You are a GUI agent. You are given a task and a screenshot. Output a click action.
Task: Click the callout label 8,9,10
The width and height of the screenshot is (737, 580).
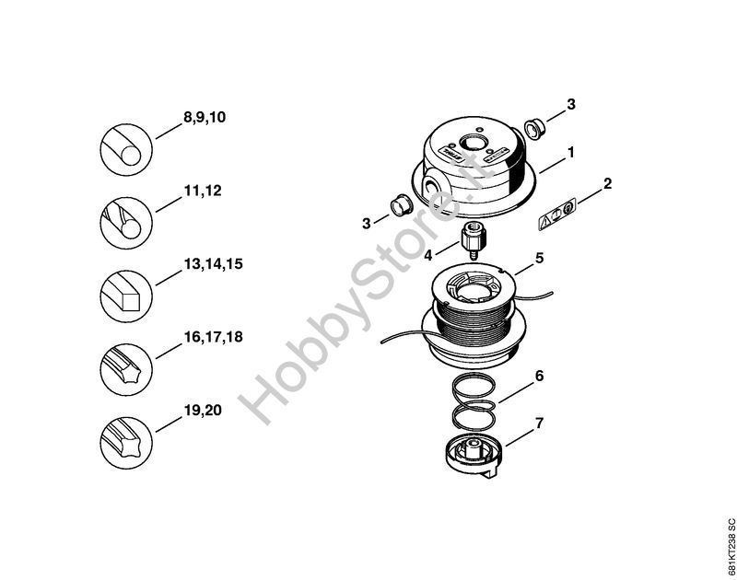tap(204, 117)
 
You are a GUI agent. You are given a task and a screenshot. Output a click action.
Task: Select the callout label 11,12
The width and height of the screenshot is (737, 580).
tap(202, 191)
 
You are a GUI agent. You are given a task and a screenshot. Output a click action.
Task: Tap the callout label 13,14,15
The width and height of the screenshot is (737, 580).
tap(213, 264)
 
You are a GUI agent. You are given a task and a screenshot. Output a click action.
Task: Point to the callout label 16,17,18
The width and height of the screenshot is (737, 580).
tap(213, 337)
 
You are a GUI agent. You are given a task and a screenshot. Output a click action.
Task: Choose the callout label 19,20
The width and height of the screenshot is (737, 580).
tap(202, 411)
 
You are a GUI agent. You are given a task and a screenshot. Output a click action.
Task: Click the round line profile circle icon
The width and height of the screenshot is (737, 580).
tap(126, 150)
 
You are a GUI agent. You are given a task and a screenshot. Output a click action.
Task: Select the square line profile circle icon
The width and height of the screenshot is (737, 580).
tap(126, 296)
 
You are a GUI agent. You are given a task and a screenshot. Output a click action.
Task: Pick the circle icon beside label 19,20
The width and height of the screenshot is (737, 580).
tap(126, 443)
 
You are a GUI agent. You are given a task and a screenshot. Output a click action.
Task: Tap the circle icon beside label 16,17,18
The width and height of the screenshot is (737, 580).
tap(126, 369)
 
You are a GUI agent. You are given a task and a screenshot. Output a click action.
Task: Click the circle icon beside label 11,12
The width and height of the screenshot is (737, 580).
tap(126, 223)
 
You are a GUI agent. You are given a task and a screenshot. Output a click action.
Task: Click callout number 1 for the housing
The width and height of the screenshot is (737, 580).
tap(571, 153)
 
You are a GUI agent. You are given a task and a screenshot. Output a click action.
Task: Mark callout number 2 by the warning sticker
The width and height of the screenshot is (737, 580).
tap(607, 183)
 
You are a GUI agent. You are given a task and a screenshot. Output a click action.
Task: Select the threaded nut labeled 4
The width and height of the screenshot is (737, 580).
tap(473, 238)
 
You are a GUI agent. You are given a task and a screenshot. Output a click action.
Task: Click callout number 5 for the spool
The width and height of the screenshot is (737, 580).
tap(539, 259)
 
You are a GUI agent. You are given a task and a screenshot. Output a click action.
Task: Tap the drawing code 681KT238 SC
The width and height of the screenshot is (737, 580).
tap(731, 546)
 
